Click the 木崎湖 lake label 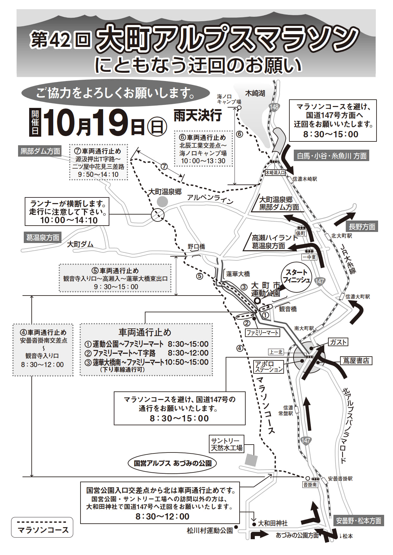[255, 93]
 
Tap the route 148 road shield [274, 107]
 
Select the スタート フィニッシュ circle [296, 276]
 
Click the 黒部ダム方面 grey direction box [40, 151]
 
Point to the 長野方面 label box [362, 227]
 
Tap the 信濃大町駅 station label [358, 297]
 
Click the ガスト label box [338, 342]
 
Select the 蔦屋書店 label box [356, 361]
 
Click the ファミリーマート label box [263, 333]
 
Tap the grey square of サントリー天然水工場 [251, 459]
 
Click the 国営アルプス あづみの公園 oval [172, 463]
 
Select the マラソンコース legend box [42, 527]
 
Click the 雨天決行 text [197, 115]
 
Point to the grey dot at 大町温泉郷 [162, 202]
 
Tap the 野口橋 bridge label [196, 246]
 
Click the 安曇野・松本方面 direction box [358, 521]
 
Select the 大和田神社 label [273, 524]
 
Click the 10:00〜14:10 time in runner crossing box [69, 220]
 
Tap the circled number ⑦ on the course [164, 166]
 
